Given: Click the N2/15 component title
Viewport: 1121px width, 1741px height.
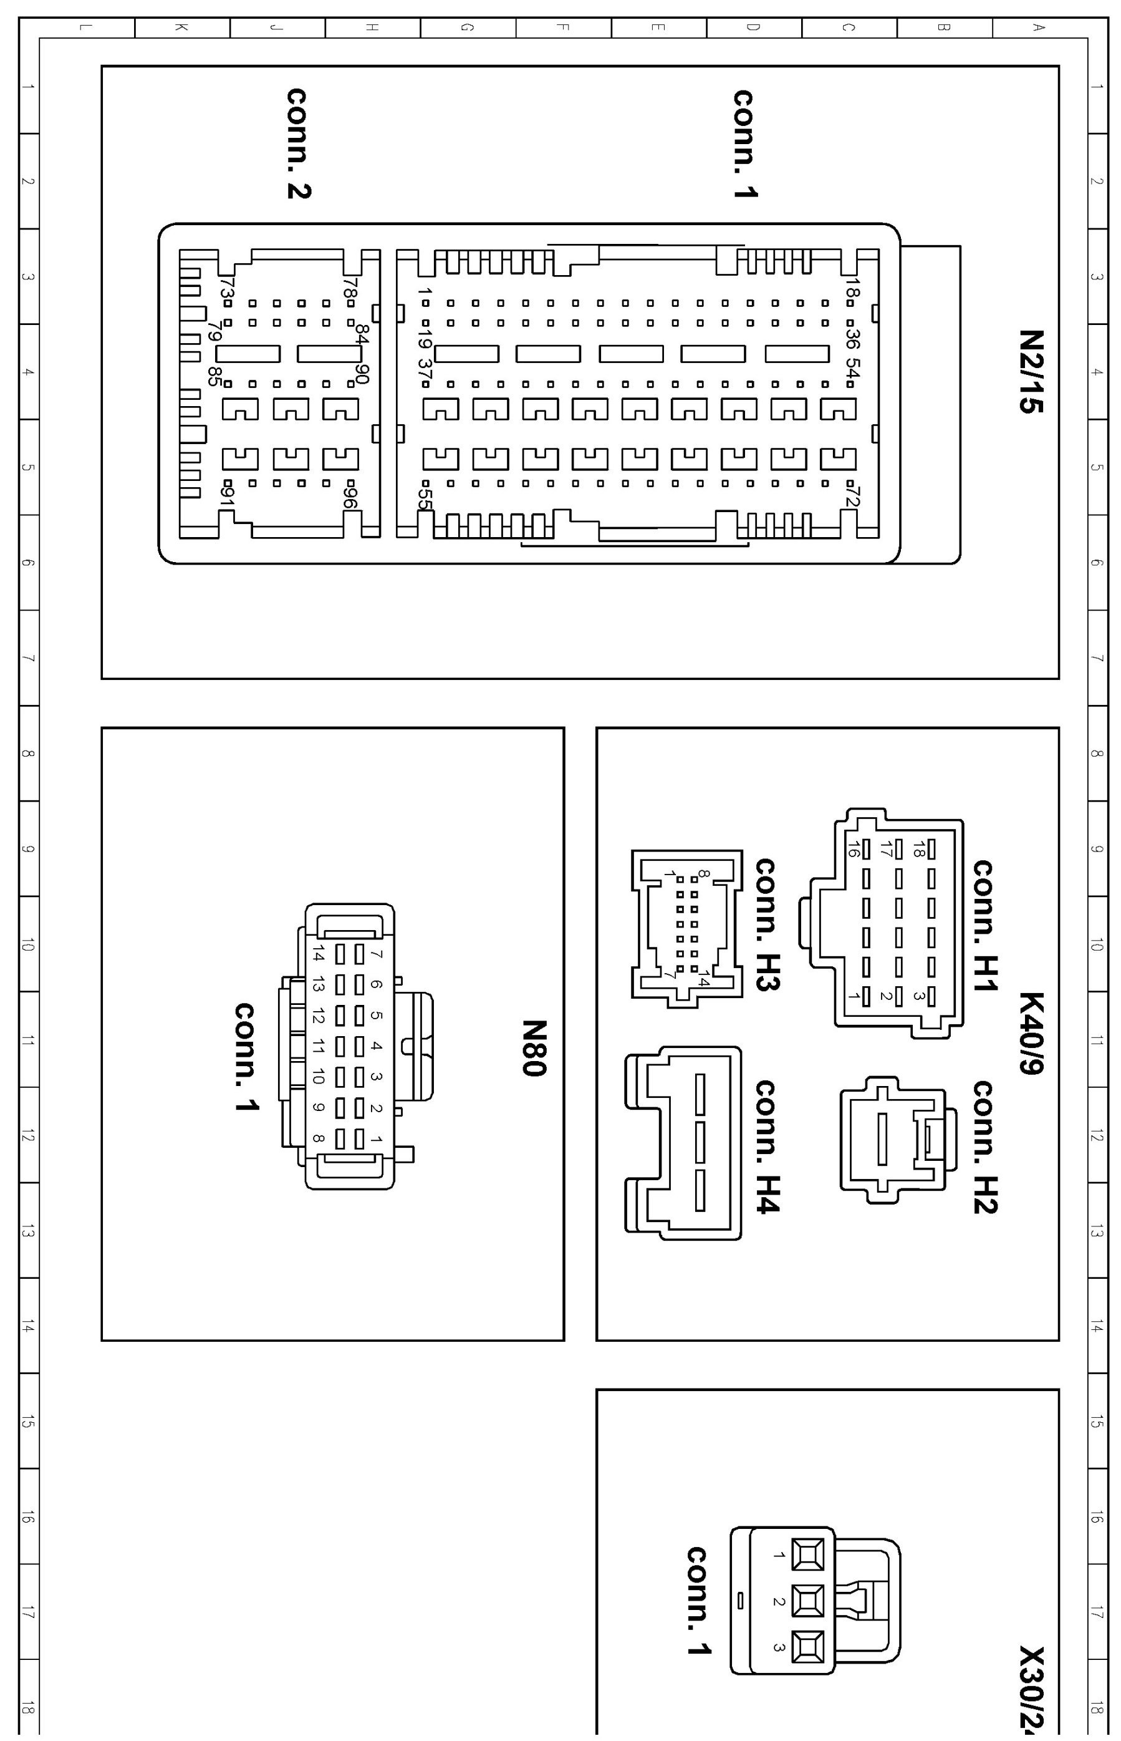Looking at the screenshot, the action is pyautogui.click(x=1031, y=371).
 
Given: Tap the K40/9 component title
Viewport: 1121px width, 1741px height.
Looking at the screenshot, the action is pyautogui.click(x=1031, y=1033).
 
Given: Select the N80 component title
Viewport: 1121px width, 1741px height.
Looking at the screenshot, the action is pyautogui.click(x=534, y=1048).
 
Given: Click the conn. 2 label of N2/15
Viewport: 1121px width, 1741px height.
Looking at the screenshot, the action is pyautogui.click(x=299, y=143).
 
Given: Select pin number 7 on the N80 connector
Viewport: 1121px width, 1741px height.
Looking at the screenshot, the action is pyautogui.click(x=377, y=954).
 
